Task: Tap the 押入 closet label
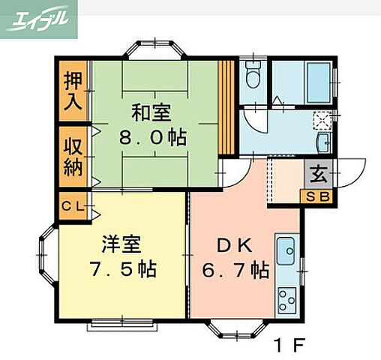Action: click(73, 89)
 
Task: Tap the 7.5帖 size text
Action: click(121, 270)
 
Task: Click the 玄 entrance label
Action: click(319, 176)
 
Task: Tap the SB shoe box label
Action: click(319, 197)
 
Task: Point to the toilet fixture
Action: click(253, 76)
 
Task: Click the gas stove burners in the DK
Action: click(286, 299)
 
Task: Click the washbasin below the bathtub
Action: click(324, 143)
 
